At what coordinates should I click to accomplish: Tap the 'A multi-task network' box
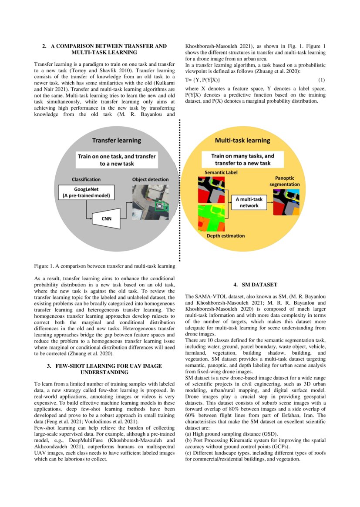pos(246,202)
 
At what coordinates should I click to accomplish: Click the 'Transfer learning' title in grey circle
pos(116,141)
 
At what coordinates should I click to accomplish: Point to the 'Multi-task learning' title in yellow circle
pos(242,141)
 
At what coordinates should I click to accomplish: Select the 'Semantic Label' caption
pos(213,173)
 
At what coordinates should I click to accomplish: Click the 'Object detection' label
pos(151,179)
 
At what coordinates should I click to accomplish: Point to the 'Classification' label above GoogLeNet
pos(86,179)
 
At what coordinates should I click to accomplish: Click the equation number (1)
pos(322,80)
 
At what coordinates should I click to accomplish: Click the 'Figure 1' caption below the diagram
pos(104,266)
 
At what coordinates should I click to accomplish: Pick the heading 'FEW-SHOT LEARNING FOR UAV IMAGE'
pos(104,366)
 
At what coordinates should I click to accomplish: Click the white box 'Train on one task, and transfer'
pos(116,160)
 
